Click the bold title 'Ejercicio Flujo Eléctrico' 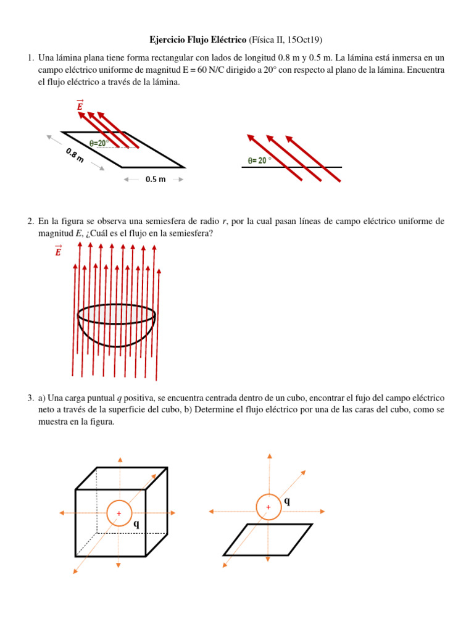click(x=197, y=40)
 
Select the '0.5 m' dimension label click(x=155, y=179)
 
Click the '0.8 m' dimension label click(x=74, y=154)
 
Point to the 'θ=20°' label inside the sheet click(x=99, y=143)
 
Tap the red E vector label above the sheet click(x=80, y=106)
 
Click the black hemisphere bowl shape click(x=116, y=327)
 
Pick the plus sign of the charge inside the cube click(x=118, y=513)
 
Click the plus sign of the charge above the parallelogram click(x=268, y=507)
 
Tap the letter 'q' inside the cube click(x=136, y=523)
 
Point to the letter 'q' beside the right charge click(x=287, y=502)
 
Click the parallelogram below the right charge click(x=267, y=539)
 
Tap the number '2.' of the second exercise click(x=30, y=221)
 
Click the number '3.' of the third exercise click(x=30, y=399)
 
